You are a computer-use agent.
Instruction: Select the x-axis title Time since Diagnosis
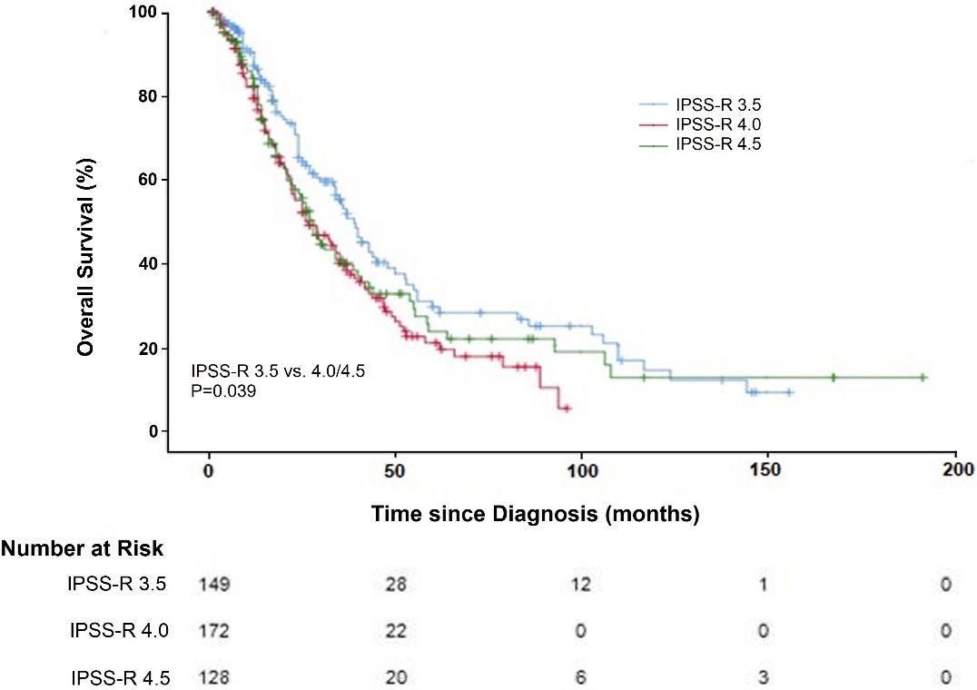tap(535, 514)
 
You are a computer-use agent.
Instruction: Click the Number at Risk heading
tap(83, 548)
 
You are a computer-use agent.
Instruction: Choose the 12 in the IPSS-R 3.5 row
tap(582, 586)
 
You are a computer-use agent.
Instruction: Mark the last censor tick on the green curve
tap(923, 377)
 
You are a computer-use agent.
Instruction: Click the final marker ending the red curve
tap(567, 409)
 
